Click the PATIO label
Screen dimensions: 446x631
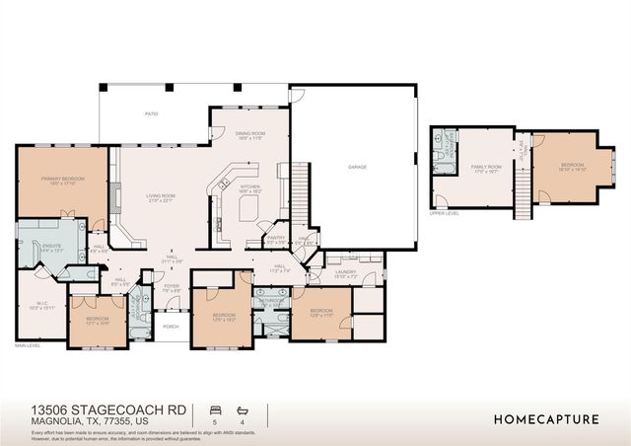152,114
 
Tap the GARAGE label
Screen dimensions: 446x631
357,167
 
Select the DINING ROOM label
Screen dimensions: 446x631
249,134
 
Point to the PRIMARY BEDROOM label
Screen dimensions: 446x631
59,179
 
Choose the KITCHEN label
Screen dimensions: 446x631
250,186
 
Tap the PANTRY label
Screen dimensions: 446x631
275,237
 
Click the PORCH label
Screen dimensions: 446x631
171,327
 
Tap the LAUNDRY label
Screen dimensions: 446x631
345,272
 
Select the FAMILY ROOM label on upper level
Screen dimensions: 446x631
486,167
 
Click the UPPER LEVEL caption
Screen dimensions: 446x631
445,212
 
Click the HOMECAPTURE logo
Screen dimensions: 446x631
545,418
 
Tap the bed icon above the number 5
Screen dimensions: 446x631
215,408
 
